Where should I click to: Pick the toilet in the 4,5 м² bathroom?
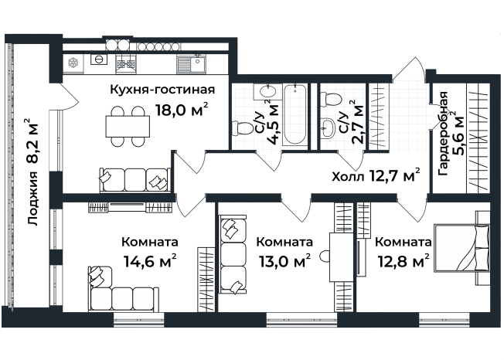[267, 97]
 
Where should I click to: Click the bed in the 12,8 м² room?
[461, 246]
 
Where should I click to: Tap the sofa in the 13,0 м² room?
[231, 256]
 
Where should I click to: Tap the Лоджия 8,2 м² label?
[32, 174]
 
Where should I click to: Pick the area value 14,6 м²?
[150, 260]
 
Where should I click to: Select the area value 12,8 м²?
[403, 260]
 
